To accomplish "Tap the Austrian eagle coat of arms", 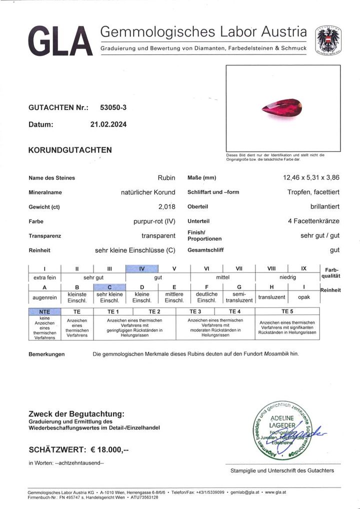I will click(x=328, y=39).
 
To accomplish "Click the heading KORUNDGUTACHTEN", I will click(x=70, y=150).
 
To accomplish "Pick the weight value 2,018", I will click(x=165, y=206).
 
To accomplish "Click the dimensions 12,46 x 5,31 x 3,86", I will click(x=311, y=177).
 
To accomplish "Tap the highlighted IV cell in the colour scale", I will click(x=141, y=268).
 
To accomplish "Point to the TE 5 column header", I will click(x=287, y=311).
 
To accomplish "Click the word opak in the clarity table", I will click(x=304, y=297).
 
